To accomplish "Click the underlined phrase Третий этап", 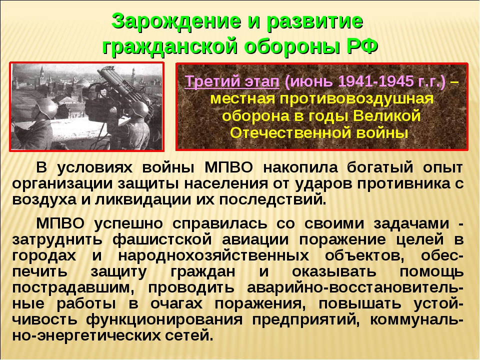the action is coord(232,81).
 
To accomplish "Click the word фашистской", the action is coord(162,239).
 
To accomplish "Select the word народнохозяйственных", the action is coord(213,256).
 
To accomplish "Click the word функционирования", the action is coord(164,320).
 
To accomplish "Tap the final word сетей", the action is coord(189,336).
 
